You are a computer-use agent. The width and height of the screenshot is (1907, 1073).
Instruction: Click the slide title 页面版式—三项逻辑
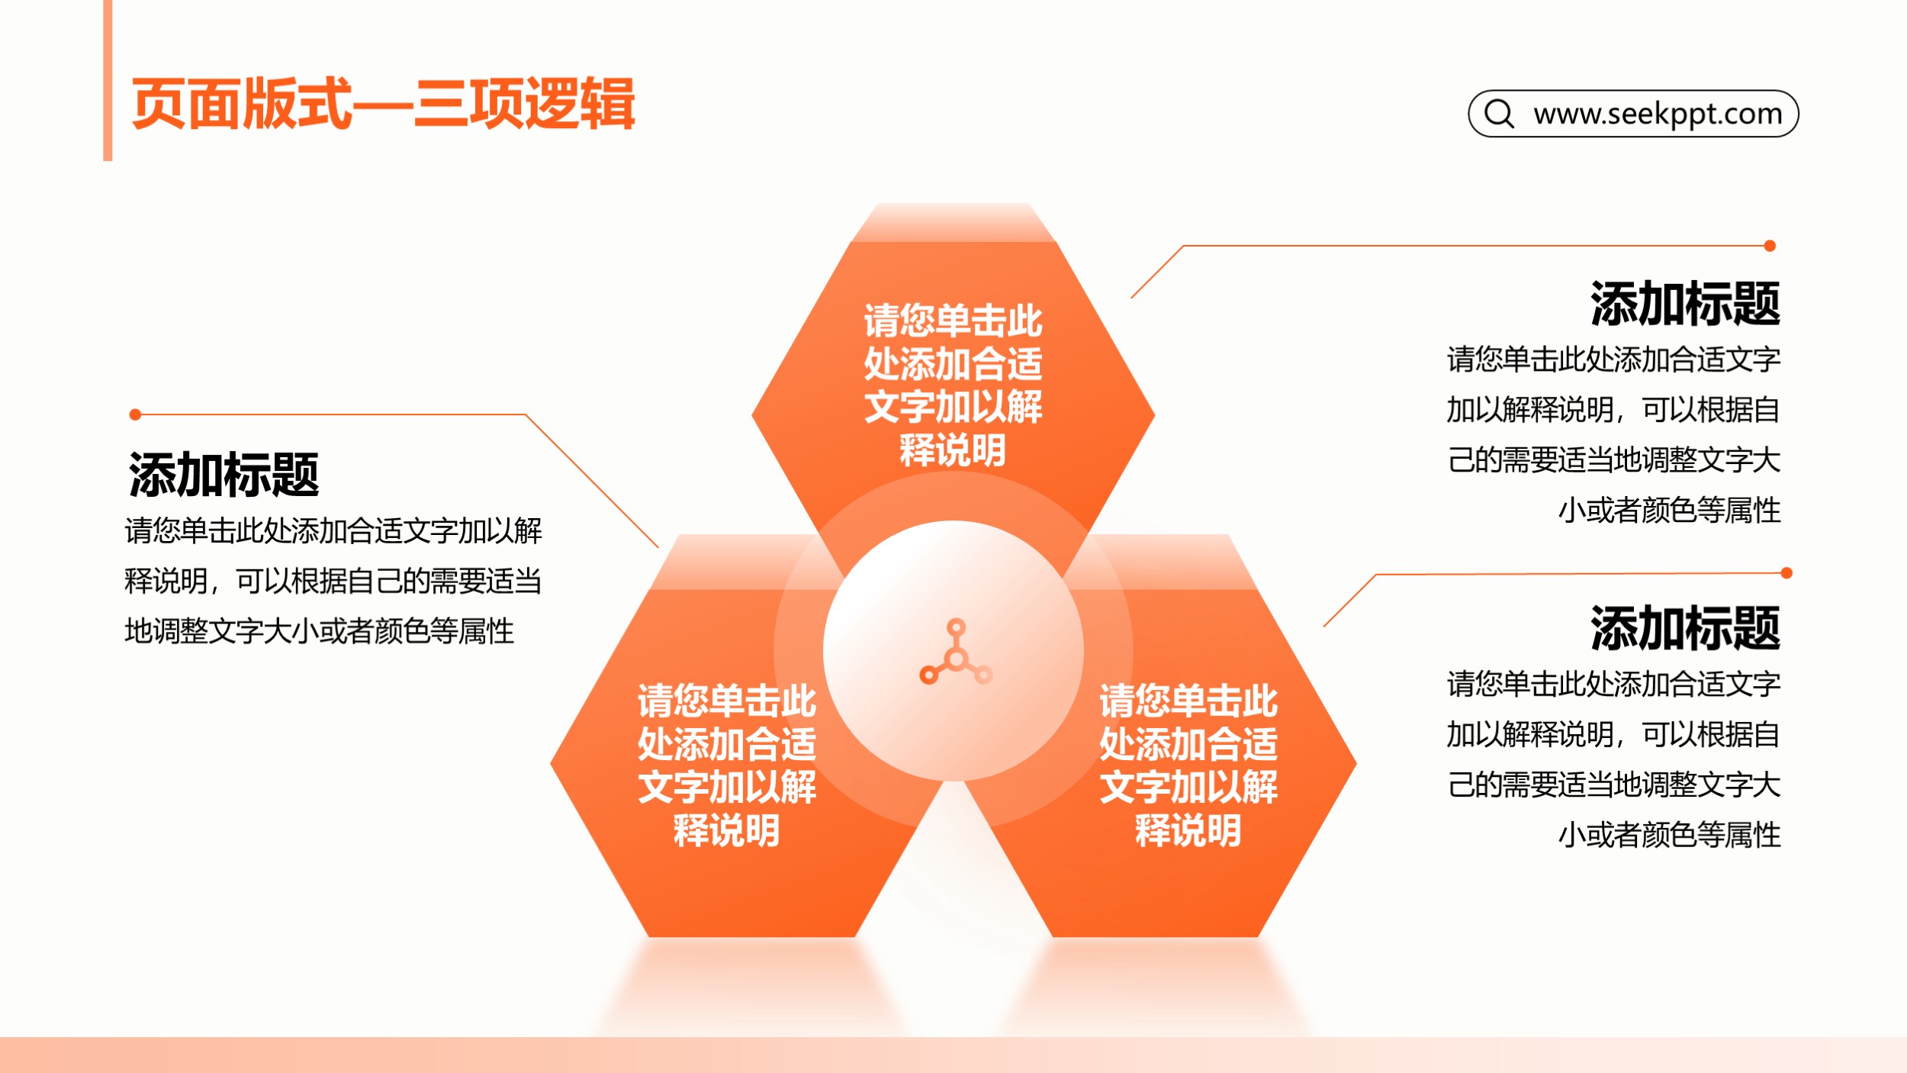[x=383, y=104]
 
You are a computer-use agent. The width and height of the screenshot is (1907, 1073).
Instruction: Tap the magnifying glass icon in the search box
[x=1499, y=114]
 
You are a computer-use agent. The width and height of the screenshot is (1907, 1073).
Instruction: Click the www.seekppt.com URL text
[x=1658, y=114]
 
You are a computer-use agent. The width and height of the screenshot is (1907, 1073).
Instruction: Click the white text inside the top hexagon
[x=953, y=385]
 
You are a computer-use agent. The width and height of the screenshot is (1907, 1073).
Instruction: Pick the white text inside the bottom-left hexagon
[x=727, y=765]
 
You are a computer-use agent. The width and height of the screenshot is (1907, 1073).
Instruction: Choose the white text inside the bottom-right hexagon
[x=1188, y=765]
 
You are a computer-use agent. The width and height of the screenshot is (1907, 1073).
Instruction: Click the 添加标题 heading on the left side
[x=224, y=474]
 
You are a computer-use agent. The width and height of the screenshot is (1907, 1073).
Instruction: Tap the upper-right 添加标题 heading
[x=1685, y=303]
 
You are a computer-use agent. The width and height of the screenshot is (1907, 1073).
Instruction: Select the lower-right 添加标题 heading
[x=1685, y=627]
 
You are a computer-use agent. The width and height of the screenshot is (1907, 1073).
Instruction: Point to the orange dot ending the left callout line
[x=135, y=414]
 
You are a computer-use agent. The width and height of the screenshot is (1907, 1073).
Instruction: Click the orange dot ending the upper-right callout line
[x=1770, y=246]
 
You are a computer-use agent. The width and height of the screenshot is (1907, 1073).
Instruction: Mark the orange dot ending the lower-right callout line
[x=1786, y=573]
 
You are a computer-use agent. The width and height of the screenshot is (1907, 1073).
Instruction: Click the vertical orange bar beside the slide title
[x=108, y=80]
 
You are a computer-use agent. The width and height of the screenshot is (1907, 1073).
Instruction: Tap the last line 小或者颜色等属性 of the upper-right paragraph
[x=1669, y=511]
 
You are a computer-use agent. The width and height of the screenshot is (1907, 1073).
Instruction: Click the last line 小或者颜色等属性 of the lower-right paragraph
[x=1669, y=835]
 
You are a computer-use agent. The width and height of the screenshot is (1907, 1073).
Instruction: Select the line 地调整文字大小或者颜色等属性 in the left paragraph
[x=320, y=631]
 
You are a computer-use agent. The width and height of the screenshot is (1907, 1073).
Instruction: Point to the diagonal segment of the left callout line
[x=592, y=481]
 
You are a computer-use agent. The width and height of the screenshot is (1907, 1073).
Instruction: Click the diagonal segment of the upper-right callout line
[x=1157, y=272]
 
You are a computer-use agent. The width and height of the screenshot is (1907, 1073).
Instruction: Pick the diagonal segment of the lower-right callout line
[x=1350, y=601]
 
